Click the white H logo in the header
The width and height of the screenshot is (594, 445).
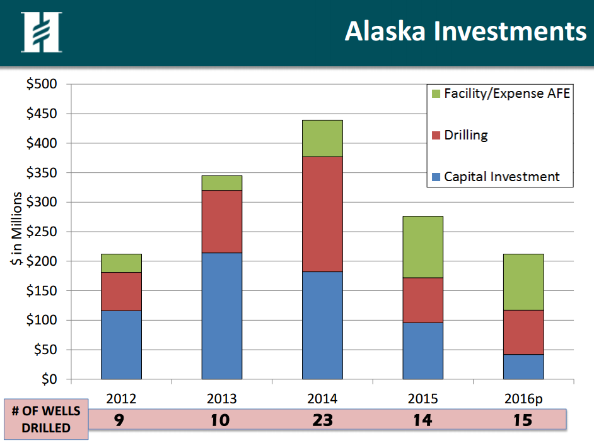click(x=41, y=32)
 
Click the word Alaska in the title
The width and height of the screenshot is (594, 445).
click(x=385, y=31)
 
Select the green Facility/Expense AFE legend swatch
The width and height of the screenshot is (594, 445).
click(x=436, y=93)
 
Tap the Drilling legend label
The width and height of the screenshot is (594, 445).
click(x=465, y=135)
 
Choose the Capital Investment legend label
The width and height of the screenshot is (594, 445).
click(x=501, y=177)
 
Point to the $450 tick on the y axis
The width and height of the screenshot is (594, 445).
click(x=42, y=114)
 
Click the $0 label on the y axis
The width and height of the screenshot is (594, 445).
click(x=49, y=379)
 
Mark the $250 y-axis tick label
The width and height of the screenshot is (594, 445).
click(x=42, y=231)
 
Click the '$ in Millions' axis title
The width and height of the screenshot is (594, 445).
click(x=16, y=228)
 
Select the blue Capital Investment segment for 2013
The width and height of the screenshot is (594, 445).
click(x=221, y=316)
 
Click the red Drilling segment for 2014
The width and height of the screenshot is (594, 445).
click(x=322, y=214)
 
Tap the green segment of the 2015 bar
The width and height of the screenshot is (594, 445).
click(x=422, y=247)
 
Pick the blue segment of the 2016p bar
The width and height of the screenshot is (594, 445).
click(x=523, y=367)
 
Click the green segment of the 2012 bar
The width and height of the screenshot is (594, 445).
click(x=121, y=263)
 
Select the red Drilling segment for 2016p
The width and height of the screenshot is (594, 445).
click(x=523, y=333)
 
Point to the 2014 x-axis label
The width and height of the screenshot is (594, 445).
click(x=322, y=399)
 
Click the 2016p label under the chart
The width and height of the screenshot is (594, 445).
click(x=523, y=399)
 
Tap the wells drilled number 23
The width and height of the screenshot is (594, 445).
click(x=322, y=420)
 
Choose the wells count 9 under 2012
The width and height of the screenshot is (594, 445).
click(x=119, y=420)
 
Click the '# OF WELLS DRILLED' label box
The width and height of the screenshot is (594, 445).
click(x=46, y=419)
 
